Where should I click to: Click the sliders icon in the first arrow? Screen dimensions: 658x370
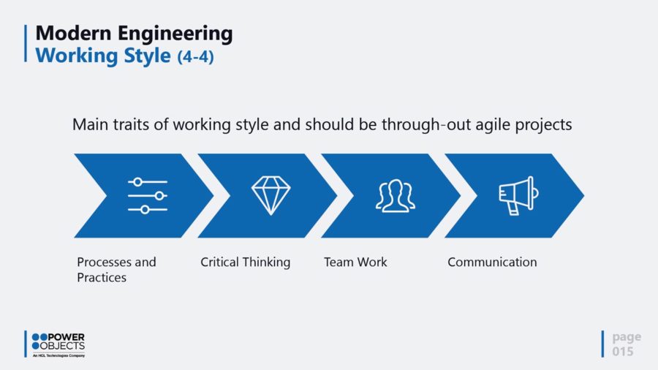148,195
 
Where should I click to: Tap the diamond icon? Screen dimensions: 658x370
271,195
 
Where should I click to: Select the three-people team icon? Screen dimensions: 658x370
396,196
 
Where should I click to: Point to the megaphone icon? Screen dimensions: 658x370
518,195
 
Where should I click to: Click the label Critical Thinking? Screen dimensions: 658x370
246,263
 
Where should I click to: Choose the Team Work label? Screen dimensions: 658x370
355,263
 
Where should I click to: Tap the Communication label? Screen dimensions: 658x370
492,263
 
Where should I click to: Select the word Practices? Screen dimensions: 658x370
102,278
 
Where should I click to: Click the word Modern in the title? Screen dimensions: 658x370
73,33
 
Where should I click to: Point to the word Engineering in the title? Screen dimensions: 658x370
175,34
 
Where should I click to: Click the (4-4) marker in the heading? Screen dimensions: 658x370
195,56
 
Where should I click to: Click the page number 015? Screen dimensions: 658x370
623,351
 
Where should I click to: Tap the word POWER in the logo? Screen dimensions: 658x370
67,337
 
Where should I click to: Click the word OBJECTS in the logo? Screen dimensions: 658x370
62,346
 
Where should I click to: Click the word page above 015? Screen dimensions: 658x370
627,337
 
